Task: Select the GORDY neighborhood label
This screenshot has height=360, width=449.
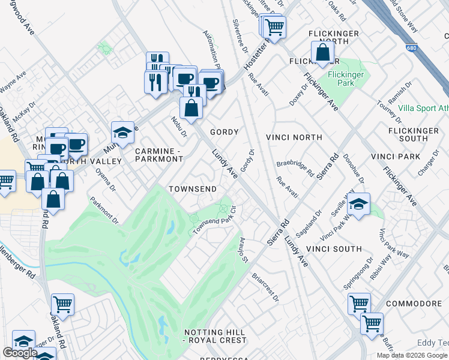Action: [x=224, y=132]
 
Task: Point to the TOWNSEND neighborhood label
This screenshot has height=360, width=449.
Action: [x=192, y=189]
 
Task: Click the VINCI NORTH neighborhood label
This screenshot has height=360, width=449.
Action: [x=298, y=137]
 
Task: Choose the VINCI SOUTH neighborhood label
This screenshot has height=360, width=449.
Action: [x=333, y=248]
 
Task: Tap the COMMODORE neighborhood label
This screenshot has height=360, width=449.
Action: [x=414, y=304]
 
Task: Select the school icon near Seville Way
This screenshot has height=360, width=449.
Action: [x=358, y=204]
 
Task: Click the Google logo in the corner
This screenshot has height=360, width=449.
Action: [x=20, y=353]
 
